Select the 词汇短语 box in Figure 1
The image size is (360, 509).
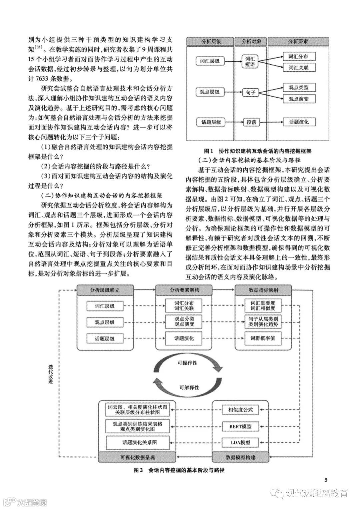pos(250,61)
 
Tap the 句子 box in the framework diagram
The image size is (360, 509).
pos(250,92)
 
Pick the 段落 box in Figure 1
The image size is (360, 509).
pos(250,122)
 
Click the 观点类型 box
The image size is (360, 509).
pos(298,88)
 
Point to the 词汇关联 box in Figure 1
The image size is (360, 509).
pos(298,68)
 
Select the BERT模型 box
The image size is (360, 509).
pos(240,426)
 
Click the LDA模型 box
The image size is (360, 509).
pos(240,442)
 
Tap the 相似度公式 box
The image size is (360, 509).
pos(240,409)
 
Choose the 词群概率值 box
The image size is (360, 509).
pos(263,338)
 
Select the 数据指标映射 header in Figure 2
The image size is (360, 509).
pos(263,290)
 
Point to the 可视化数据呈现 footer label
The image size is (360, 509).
pos(138,457)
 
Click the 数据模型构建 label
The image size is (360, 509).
pos(240,457)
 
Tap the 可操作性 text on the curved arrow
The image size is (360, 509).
pos(187,363)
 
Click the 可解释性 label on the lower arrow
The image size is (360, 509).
pos(189,387)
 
